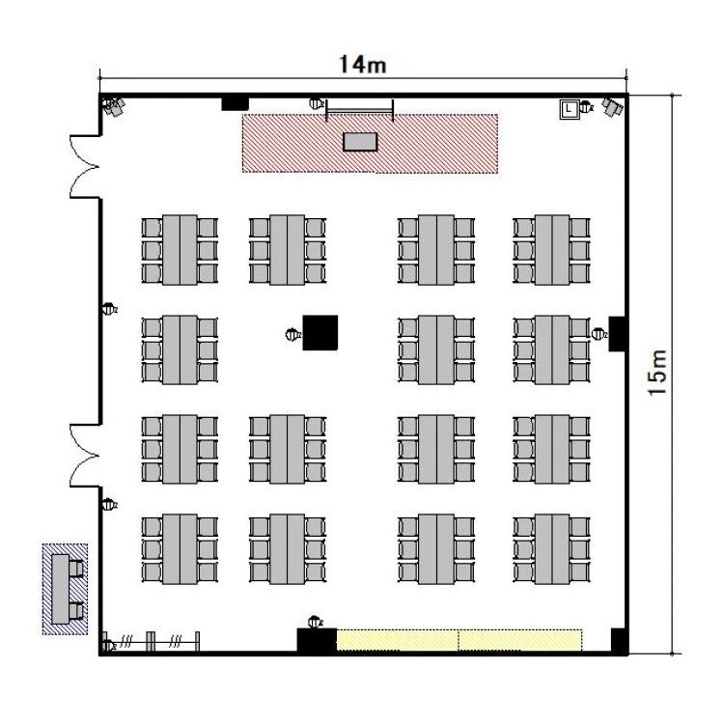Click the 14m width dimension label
362,65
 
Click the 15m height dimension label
658,373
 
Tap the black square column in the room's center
320,332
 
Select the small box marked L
570,110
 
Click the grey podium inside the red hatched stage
360,142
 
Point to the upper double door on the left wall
85,167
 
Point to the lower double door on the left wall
85,456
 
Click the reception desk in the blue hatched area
61,589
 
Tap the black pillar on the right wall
618,334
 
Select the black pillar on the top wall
235,103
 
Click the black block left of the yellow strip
317,640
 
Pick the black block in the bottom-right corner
619,640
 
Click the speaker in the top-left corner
114,106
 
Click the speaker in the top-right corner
613,107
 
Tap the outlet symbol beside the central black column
292,334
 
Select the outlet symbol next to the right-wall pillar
599,333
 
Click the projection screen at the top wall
360,110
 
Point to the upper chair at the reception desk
76,569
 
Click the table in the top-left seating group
180,250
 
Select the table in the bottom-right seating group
552,549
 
